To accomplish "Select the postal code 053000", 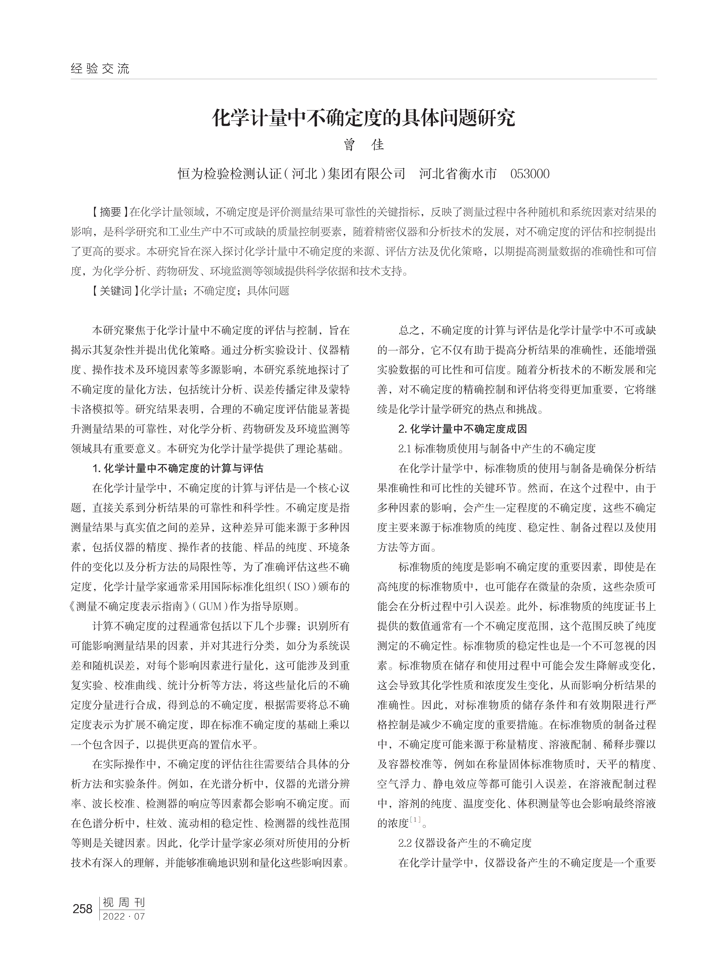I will (530, 174).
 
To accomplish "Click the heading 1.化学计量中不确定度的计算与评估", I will (178, 468).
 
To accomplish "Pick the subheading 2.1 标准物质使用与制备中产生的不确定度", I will (497, 449).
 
